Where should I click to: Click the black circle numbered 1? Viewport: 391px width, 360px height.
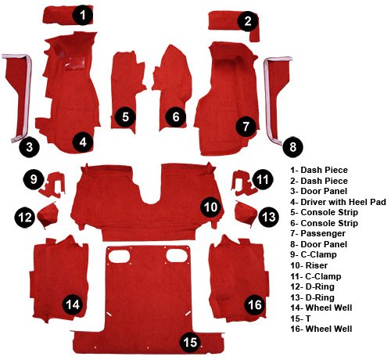(x=83, y=15)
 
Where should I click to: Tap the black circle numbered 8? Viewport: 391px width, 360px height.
(x=293, y=147)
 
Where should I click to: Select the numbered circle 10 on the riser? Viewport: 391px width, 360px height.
(x=210, y=207)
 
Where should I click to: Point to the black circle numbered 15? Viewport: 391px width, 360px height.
(x=191, y=342)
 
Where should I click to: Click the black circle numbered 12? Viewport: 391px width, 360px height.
(x=25, y=217)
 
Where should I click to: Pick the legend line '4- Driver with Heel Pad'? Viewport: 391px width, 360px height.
(x=338, y=202)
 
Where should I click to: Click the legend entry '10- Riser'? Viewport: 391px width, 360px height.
(x=309, y=265)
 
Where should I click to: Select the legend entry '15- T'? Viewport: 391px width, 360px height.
(x=300, y=319)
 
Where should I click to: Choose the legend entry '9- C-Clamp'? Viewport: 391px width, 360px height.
(x=314, y=254)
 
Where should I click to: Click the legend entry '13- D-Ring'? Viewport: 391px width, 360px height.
(x=312, y=297)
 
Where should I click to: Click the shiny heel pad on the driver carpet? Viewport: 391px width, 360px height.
(x=75, y=63)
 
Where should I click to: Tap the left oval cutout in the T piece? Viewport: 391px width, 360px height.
(x=119, y=256)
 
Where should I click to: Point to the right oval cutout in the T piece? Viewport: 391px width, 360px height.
(x=177, y=255)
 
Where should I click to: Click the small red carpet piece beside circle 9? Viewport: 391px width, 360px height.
(x=53, y=184)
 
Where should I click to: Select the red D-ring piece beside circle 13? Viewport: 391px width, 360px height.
(x=245, y=214)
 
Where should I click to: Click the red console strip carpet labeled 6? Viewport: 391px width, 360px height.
(x=173, y=86)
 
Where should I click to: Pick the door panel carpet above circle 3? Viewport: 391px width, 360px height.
(x=18, y=96)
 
